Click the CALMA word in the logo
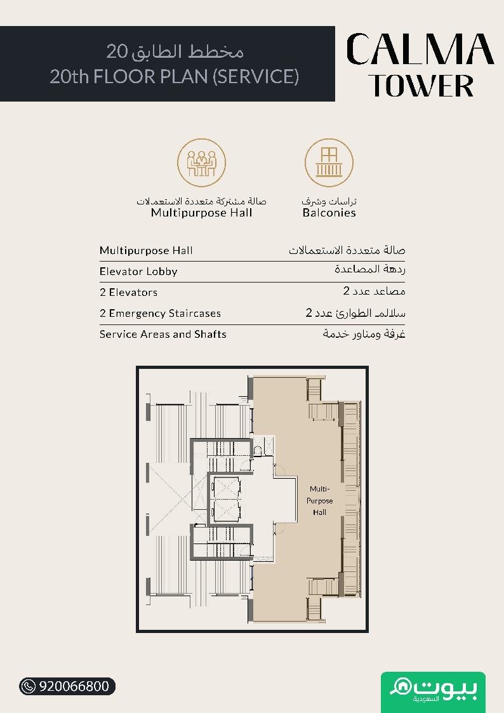[x=420, y=49]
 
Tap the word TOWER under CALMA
[x=421, y=86]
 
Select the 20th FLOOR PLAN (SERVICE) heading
[x=174, y=76]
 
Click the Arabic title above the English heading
[x=175, y=51]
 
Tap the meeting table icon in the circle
[x=201, y=163]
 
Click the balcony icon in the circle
[x=329, y=163]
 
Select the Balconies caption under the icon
[x=329, y=213]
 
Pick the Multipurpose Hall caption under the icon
[x=201, y=213]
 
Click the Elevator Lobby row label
[x=138, y=272]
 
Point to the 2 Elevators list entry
[x=129, y=293]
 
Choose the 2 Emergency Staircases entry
[x=160, y=313]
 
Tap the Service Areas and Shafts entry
[x=162, y=334]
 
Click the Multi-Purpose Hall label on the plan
[x=319, y=501]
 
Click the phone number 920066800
[x=74, y=686]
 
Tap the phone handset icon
[x=29, y=686]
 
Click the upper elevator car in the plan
[x=226, y=488]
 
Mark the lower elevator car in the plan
[x=226, y=512]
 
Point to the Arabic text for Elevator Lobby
[x=370, y=269]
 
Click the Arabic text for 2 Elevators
[x=374, y=291]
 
